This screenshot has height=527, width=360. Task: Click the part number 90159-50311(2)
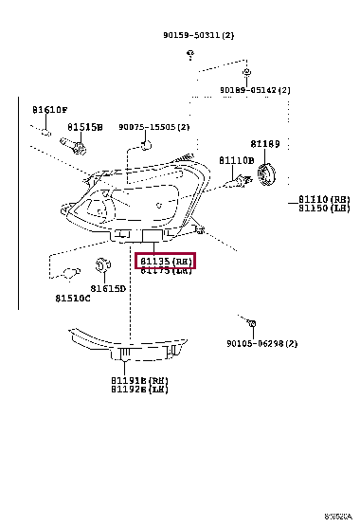198,35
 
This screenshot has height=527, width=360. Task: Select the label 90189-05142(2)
256,90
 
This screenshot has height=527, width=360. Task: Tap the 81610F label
49,110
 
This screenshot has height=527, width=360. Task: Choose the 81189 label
265,143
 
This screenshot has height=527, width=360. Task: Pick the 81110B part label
237,160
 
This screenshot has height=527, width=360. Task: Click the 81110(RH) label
325,199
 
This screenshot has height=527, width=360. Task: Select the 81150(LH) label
325,209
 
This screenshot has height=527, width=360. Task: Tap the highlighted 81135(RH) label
166,261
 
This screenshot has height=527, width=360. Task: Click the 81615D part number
108,288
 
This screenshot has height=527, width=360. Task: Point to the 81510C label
73,298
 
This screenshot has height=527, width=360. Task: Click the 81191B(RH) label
139,379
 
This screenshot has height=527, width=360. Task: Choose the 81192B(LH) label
139,389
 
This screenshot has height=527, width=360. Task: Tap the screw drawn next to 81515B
73,144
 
